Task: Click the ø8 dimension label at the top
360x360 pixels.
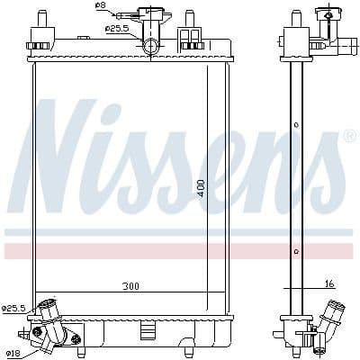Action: [100, 6]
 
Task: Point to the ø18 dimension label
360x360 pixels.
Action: [13, 353]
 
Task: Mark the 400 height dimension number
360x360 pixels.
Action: [202, 188]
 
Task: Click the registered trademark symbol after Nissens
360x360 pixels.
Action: [349, 136]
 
